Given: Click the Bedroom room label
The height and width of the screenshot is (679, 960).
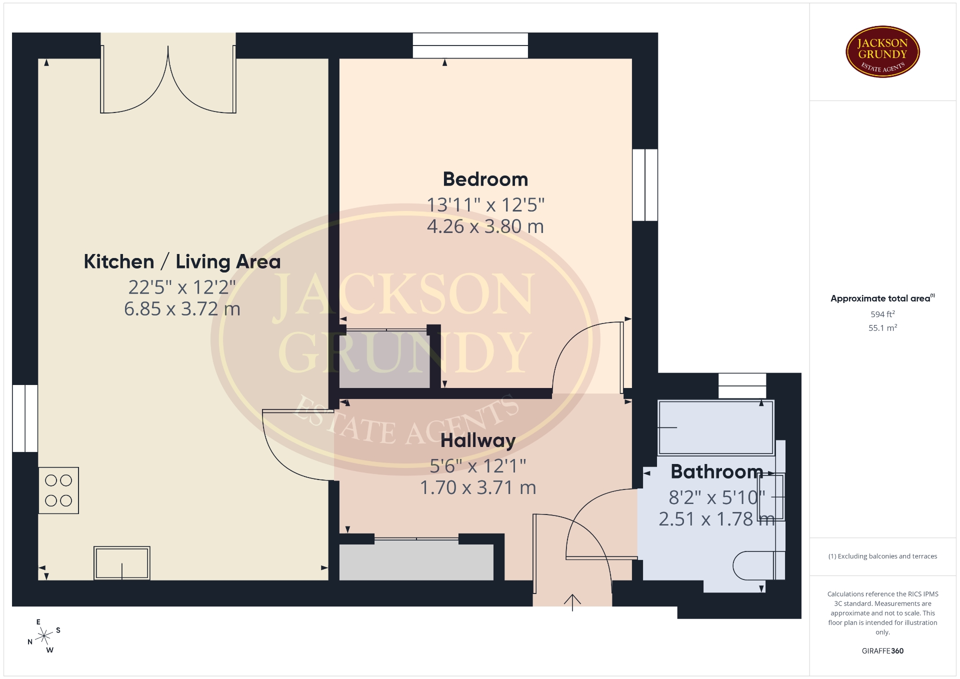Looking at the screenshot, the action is coord(485,179).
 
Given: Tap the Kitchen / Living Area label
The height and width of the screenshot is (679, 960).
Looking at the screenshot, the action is coord(182,262).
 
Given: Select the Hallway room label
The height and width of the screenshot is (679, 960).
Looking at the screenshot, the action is coord(478,441).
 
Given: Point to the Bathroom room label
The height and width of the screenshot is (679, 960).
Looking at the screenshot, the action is coord(716,471).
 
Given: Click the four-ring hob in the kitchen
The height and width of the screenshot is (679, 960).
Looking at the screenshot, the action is coord(58,490).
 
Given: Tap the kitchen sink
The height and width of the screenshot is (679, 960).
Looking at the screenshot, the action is coord(122,563).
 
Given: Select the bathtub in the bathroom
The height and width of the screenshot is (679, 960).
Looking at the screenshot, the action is coord(716,427).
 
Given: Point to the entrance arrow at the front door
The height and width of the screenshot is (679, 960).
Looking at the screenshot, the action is coord(572,602).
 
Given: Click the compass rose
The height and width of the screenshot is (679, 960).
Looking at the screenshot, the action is coord(44,636).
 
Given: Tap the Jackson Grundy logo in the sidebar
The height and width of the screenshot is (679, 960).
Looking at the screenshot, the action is coord(882,52).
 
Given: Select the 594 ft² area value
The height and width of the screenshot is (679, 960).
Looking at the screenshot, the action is coord(882,314).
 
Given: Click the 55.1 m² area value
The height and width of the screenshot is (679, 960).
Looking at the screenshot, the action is coord(882,328).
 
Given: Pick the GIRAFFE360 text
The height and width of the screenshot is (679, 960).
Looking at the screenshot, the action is coord(882,651).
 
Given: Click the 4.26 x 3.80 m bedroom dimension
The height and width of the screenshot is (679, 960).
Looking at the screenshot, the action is coord(485,226).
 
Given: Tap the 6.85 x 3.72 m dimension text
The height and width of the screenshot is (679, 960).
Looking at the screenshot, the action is coord(182,309).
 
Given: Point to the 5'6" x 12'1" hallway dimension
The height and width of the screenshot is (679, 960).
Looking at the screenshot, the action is coord(478,466).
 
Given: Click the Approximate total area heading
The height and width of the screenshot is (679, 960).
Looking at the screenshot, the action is coord(882,298).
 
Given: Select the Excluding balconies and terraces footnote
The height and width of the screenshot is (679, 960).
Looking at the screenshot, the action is coord(882,556).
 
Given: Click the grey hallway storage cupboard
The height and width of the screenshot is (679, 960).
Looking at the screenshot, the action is coord(416,562).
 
